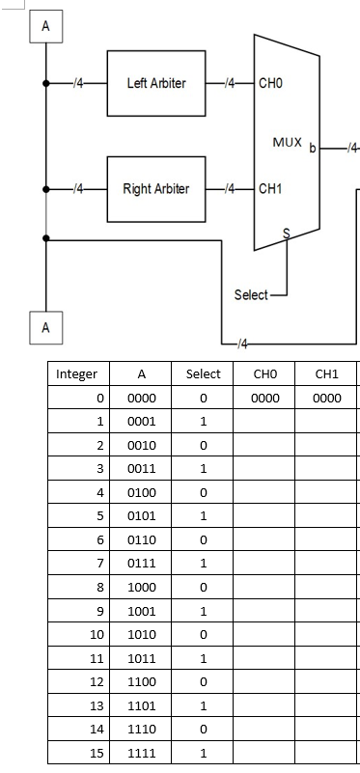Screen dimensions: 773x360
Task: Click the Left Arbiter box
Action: [150, 83]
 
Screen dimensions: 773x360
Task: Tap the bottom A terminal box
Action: [45, 327]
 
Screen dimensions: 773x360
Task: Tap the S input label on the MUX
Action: [286, 232]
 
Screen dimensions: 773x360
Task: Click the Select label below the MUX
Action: [251, 294]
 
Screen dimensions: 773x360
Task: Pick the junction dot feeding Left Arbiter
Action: [45, 84]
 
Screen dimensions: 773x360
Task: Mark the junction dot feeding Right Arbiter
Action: [45, 188]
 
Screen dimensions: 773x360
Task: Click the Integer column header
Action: [76, 374]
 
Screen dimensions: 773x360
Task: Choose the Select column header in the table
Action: [203, 374]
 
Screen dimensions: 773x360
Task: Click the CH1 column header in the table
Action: [326, 374]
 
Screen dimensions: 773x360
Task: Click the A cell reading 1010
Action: [141, 633]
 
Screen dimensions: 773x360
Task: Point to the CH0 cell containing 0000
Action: [264, 398]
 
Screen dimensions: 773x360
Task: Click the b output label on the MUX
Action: [312, 149]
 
